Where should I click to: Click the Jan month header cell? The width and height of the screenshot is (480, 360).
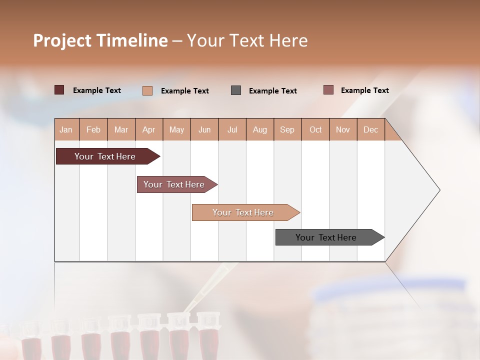(x=66, y=129)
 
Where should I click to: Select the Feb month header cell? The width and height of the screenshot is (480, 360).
(x=93, y=129)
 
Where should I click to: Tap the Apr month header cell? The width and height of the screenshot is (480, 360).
(x=149, y=129)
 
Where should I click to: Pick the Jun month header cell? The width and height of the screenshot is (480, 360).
(x=204, y=129)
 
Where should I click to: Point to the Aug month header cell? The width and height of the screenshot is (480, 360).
(x=260, y=129)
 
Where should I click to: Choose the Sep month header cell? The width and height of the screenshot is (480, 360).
(x=287, y=129)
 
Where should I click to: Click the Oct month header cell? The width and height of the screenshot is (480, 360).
(x=315, y=129)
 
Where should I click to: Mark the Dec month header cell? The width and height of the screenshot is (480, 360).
(x=371, y=129)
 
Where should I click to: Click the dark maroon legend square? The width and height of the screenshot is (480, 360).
(x=59, y=90)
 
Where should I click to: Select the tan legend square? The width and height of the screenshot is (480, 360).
(x=147, y=90)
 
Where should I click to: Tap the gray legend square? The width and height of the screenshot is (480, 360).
(x=236, y=90)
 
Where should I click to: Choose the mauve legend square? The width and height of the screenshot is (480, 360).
(x=328, y=90)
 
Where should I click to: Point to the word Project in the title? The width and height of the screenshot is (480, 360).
(x=62, y=40)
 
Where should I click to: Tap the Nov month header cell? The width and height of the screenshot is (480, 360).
(x=343, y=129)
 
